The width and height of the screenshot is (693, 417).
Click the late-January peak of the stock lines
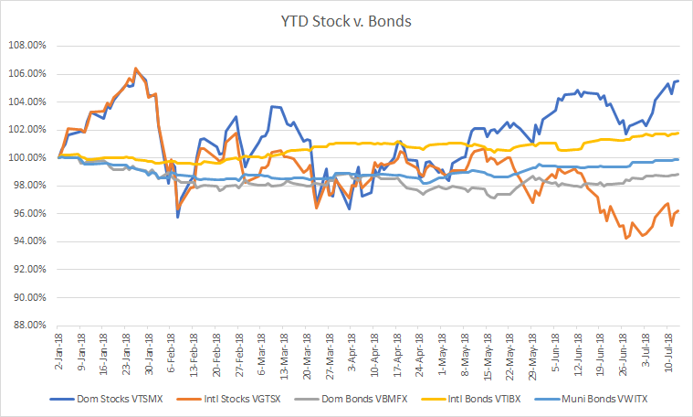tap(136, 69)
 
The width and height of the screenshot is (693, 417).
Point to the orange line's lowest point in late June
tap(625, 238)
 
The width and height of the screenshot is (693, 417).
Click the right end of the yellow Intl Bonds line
tap(678, 133)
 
